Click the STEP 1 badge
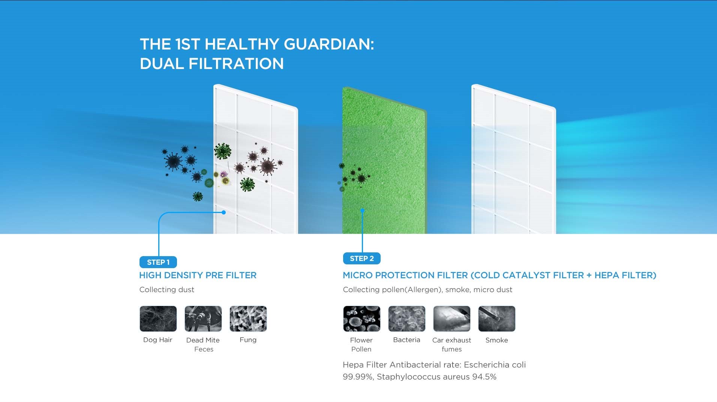(x=158, y=262)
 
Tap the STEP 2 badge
(x=361, y=258)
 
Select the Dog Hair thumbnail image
(x=158, y=319)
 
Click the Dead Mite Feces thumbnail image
(x=203, y=319)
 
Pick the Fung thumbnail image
(x=248, y=319)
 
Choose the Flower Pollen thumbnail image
(x=362, y=319)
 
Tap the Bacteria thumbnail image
(x=407, y=319)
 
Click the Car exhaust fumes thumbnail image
(x=452, y=319)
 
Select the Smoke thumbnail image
(x=497, y=319)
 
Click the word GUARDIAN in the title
(x=329, y=44)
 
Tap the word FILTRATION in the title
(x=236, y=64)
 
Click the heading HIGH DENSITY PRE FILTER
(x=198, y=275)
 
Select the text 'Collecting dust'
(x=167, y=289)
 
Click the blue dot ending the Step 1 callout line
(x=223, y=212)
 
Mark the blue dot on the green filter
(x=362, y=211)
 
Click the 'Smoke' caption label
(x=496, y=340)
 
